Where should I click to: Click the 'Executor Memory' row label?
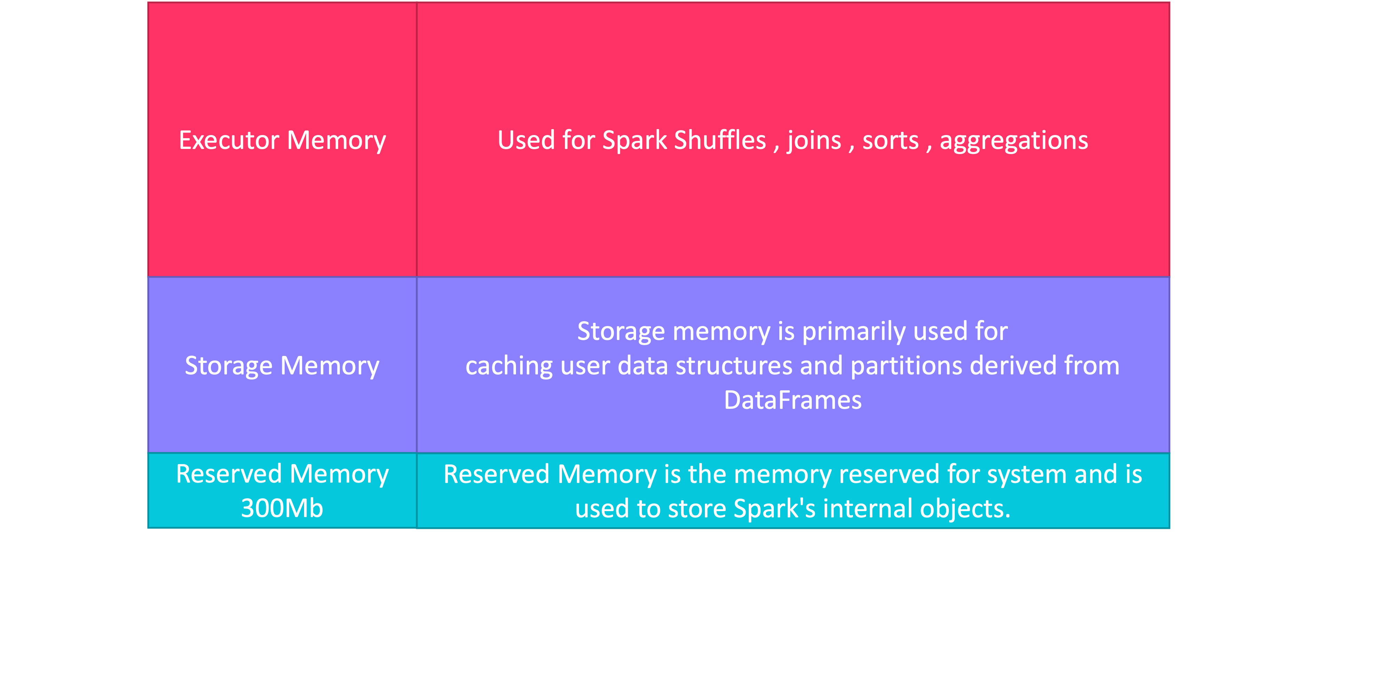click(282, 141)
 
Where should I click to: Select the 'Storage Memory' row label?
click(282, 366)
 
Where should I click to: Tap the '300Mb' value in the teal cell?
click(282, 508)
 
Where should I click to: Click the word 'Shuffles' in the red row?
click(720, 141)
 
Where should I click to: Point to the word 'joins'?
click(814, 141)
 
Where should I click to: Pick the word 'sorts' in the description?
click(890, 141)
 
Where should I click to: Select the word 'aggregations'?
click(1014, 141)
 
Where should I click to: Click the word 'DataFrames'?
click(792, 400)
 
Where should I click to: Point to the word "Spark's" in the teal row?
click(775, 508)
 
